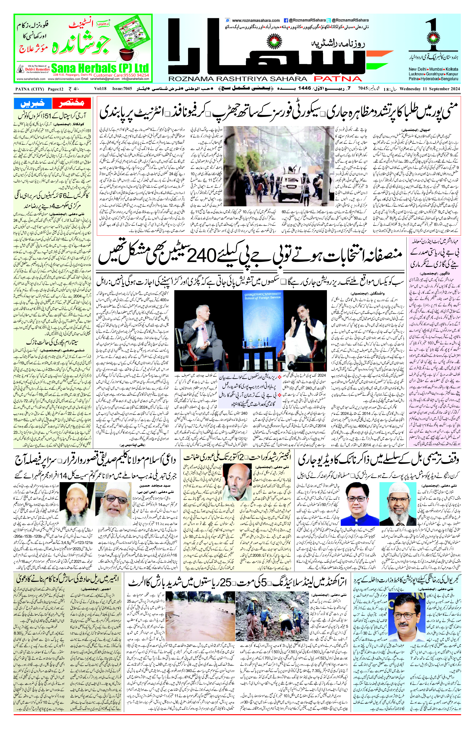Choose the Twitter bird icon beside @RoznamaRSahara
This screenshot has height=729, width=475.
pos(328,20)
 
